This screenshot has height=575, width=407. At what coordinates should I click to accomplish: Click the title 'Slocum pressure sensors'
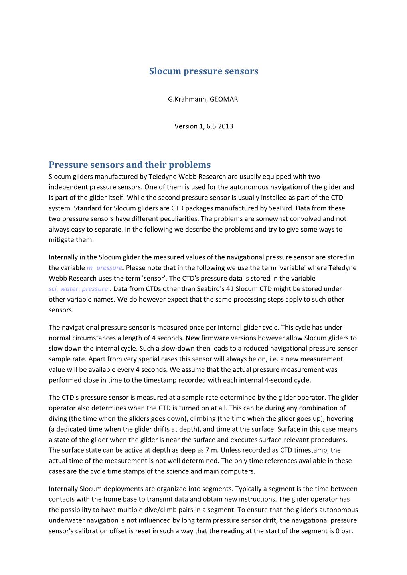[203, 71]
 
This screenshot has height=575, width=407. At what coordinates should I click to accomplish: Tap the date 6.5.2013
[220, 126]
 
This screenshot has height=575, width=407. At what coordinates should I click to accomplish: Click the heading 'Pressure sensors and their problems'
[130, 165]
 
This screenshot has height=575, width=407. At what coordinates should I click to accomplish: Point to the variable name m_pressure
[104, 268]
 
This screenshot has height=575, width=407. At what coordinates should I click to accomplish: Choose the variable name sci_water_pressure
[78, 289]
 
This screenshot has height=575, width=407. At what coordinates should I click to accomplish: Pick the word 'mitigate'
[62, 240]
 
